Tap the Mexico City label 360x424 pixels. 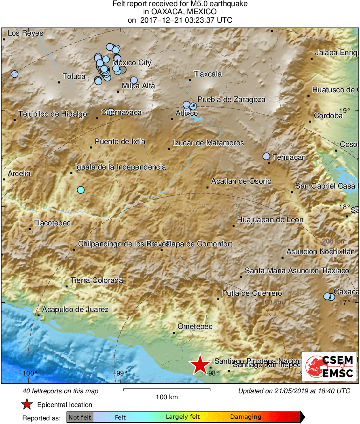132,63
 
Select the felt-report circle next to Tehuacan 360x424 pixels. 266,156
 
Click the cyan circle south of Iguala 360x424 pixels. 80,190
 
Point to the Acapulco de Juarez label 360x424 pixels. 75,310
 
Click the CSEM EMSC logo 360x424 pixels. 329,367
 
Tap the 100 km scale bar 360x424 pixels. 167,390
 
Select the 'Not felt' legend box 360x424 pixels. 80,417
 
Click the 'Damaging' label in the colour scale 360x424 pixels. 246,417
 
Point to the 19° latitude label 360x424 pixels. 344,110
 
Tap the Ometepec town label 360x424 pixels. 195,326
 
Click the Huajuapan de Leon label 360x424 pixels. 270,220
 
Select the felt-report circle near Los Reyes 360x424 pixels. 15,74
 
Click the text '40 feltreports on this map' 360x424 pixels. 60,391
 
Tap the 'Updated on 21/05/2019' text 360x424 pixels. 294,391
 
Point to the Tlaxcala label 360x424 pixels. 208,74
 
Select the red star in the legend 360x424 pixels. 27,404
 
